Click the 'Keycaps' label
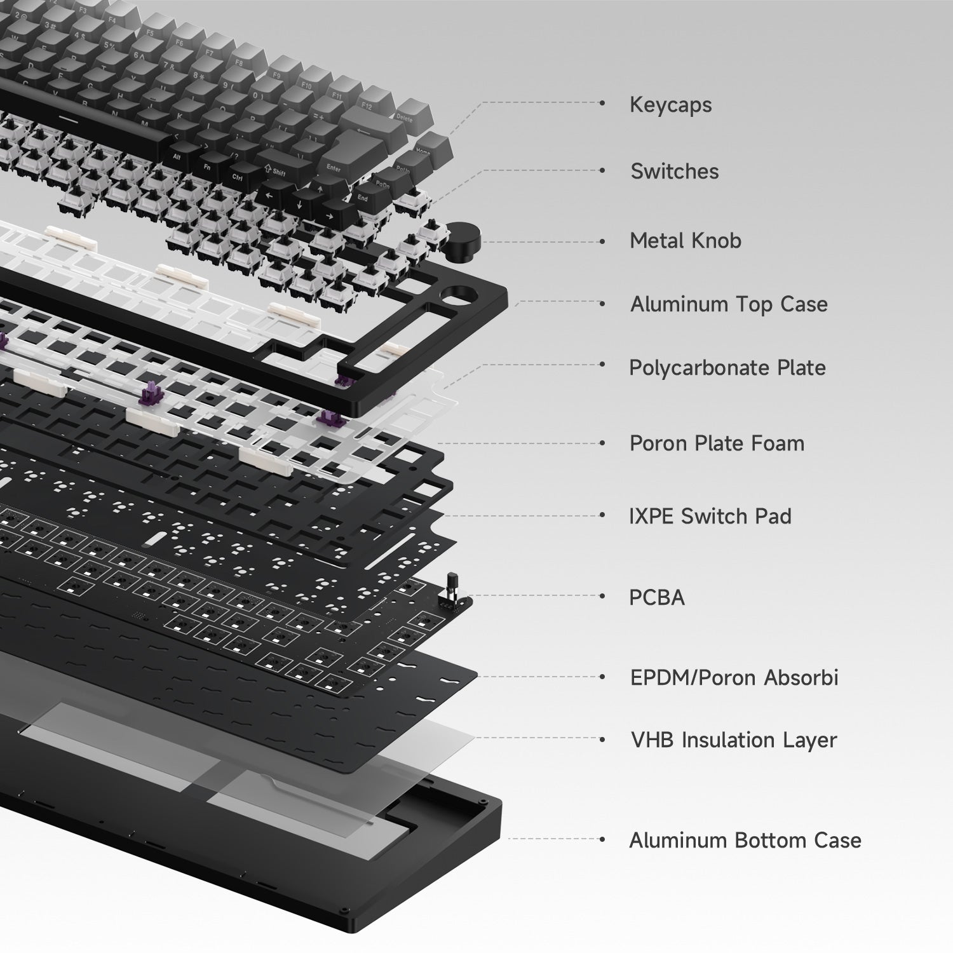[x=670, y=105]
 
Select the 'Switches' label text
[x=675, y=171]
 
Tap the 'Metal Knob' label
[x=686, y=240]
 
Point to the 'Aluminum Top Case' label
[x=729, y=304]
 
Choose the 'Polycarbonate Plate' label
[x=727, y=368]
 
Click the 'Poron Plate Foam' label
[x=717, y=443]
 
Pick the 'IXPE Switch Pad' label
[x=710, y=516]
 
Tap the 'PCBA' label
[x=657, y=597]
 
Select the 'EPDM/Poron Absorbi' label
[x=734, y=677]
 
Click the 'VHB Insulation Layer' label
[x=734, y=740]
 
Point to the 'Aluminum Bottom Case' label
[x=745, y=840]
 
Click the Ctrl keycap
[x=238, y=177]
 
